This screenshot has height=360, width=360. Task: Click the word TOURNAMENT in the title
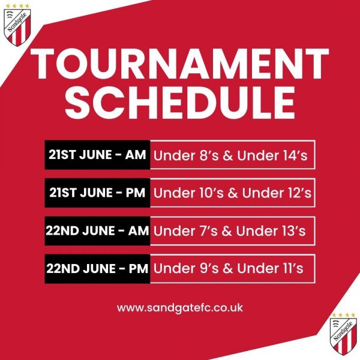[180, 64]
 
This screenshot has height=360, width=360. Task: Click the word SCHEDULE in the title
[180, 103]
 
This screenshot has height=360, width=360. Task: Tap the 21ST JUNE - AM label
[97, 155]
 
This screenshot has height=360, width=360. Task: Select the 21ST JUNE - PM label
[97, 193]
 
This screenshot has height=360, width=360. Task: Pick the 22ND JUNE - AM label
[97, 230]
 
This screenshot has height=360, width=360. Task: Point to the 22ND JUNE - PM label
[97, 268]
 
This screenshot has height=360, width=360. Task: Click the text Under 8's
[186, 155]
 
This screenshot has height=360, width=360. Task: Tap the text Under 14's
[272, 155]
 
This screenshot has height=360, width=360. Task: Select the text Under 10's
[188, 193]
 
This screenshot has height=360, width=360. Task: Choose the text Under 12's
[277, 193]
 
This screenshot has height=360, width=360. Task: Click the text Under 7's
[185, 231]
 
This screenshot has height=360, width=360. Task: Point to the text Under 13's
[271, 231]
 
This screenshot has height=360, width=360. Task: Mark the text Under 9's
[186, 268]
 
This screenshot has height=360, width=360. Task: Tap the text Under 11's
[270, 268]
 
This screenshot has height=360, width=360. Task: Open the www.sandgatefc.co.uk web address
[180, 308]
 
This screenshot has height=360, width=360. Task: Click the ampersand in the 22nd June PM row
[228, 268]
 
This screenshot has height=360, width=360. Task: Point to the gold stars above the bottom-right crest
[343, 314]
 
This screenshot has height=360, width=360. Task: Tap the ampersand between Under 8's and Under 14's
[228, 155]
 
